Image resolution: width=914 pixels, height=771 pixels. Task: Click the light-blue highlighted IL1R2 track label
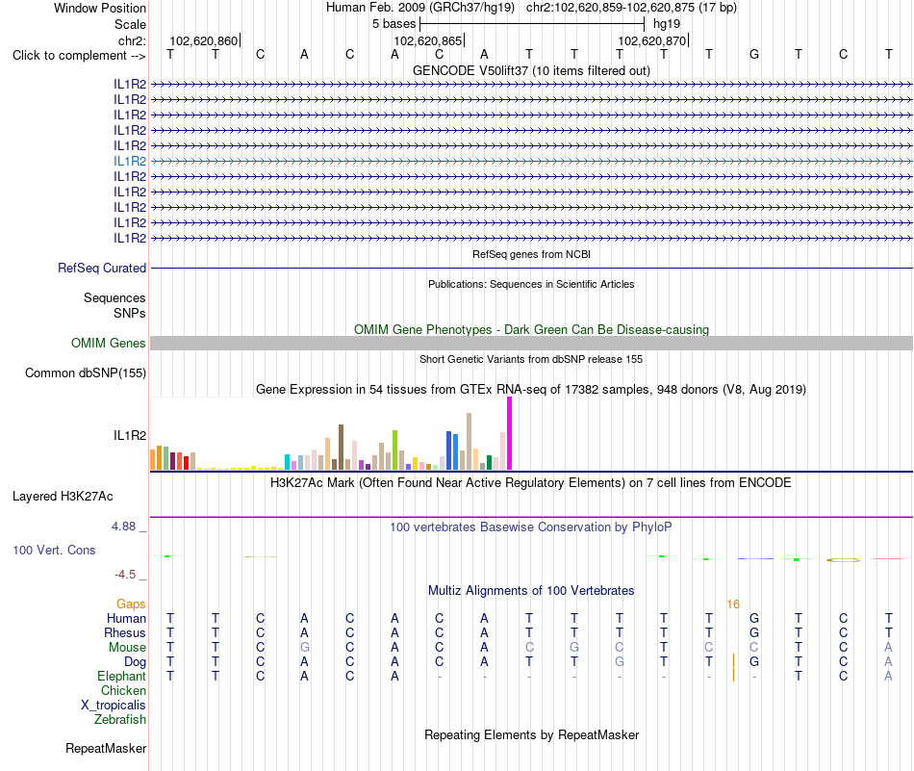130,161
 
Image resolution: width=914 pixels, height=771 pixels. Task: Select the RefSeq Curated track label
102,268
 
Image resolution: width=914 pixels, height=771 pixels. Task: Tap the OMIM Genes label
109,343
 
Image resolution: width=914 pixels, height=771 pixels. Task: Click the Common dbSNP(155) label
86,373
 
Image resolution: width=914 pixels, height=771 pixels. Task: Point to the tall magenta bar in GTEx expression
510,433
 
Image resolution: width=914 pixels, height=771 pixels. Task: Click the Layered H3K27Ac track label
63,497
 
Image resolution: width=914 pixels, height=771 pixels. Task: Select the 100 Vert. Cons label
54,550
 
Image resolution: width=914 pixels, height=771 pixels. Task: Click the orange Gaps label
131,604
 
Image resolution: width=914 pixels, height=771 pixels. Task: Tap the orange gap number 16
733,604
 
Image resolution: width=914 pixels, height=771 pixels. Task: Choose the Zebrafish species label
120,719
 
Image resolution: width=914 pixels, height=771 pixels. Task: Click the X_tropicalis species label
114,706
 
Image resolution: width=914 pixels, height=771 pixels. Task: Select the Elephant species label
122,676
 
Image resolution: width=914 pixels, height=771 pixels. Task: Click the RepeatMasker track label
106,748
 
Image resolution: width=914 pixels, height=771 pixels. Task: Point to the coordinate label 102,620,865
428,40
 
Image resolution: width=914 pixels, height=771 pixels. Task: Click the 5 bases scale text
394,24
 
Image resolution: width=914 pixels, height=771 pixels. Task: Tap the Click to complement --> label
79,56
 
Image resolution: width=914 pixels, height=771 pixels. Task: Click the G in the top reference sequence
753,54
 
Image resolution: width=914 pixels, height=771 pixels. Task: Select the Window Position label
100,8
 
